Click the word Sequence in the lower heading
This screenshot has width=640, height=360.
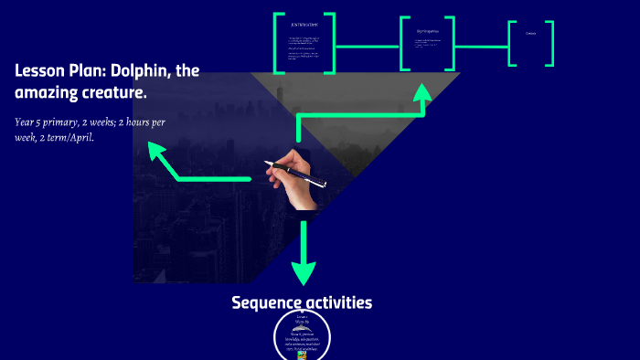[264, 302]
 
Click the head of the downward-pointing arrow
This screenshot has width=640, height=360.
[304, 272]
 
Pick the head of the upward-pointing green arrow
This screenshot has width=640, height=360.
[422, 92]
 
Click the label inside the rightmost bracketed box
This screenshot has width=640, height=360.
[530, 34]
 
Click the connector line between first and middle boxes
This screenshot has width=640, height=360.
[367, 45]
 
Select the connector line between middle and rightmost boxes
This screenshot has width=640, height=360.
[481, 45]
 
